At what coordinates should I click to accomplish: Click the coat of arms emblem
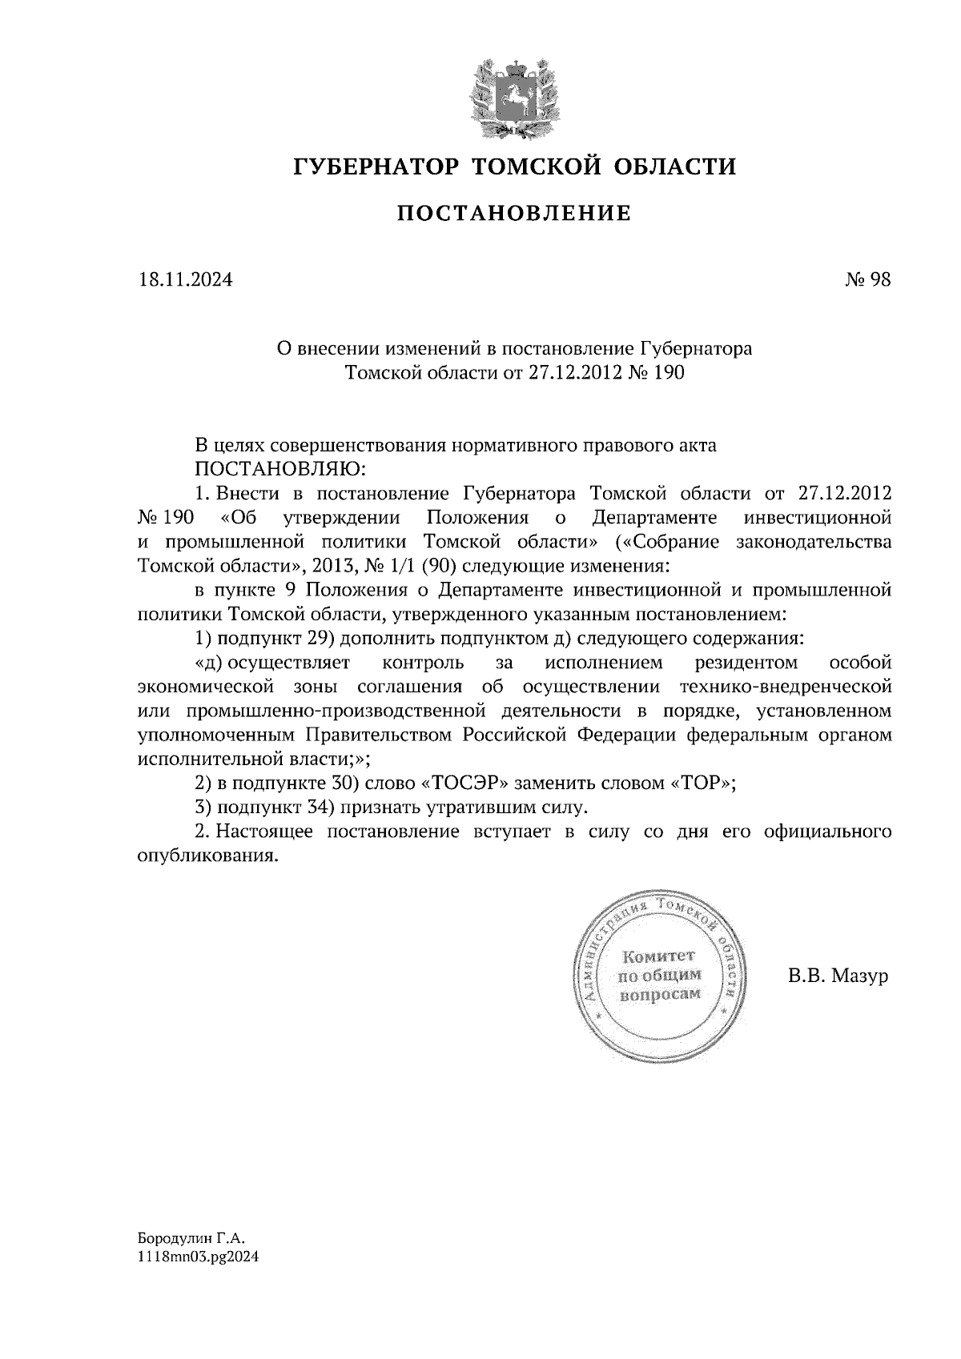click(x=513, y=96)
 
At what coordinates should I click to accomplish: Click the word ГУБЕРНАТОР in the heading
click(x=375, y=166)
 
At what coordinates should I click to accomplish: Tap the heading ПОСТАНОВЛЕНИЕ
click(x=514, y=214)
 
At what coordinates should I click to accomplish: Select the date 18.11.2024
click(x=184, y=279)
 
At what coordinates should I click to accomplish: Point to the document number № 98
click(x=867, y=279)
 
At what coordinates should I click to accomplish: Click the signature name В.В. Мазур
click(x=838, y=976)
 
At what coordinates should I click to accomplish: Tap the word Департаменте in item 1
click(x=655, y=517)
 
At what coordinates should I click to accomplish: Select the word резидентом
click(x=746, y=663)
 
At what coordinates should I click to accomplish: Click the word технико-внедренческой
click(x=785, y=687)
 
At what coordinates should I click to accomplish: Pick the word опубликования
click(x=207, y=856)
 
